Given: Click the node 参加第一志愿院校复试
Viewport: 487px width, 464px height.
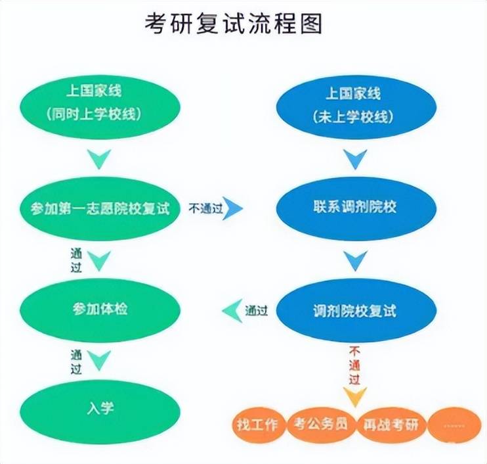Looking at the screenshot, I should tap(100, 208).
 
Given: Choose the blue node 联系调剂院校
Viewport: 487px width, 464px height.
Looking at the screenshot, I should tap(354, 208).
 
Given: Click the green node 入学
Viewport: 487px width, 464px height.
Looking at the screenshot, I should tap(100, 407).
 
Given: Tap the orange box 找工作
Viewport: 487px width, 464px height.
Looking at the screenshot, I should tap(258, 424).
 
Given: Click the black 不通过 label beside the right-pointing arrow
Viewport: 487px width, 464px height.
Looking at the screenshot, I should tap(206, 209).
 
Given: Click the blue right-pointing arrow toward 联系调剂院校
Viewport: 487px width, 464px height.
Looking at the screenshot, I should tap(234, 209).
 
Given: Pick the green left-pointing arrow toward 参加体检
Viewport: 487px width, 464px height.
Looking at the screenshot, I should tap(232, 310).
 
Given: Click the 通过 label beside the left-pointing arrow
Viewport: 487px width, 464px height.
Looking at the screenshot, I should tap(256, 310).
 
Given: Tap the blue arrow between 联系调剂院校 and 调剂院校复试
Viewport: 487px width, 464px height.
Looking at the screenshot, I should tap(355, 261).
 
